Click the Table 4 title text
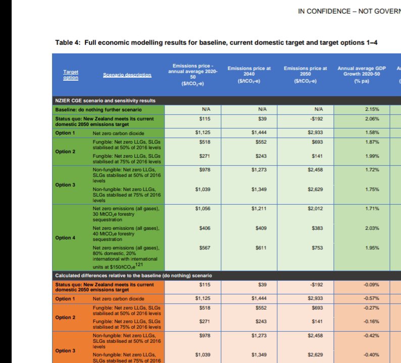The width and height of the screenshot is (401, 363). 216,43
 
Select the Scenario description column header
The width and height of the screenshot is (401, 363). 127,75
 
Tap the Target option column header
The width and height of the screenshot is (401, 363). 71,75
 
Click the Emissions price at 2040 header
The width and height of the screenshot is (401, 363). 248,74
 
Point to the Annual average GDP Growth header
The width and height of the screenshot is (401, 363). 360,74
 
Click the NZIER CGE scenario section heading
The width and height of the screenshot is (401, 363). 105,101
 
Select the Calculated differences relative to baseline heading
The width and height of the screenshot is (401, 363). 133,276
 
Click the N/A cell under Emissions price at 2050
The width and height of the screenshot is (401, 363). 318,109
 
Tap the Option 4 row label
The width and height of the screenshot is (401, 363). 65,238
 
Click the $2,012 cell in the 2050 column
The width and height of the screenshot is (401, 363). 315,208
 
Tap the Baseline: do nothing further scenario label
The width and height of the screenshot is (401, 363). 98,109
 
